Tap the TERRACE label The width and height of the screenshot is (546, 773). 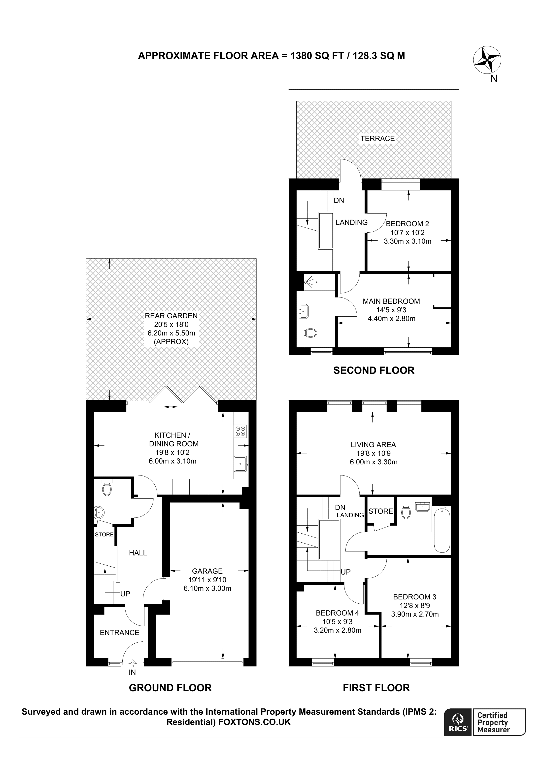click(377, 138)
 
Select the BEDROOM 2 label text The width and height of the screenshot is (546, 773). click(408, 223)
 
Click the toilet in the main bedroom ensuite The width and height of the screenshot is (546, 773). click(310, 333)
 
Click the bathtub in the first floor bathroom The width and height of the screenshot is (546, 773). click(442, 530)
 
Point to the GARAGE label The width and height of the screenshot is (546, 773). click(207, 571)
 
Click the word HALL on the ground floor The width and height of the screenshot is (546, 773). click(138, 553)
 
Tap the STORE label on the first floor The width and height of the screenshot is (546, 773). click(380, 511)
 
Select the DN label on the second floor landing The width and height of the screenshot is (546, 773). click(339, 200)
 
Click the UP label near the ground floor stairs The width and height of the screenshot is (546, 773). click(125, 594)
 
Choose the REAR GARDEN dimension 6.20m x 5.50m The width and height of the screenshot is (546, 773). click(171, 333)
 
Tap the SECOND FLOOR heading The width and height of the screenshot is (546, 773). click(374, 370)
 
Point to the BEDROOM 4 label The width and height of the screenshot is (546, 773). click(335, 613)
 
